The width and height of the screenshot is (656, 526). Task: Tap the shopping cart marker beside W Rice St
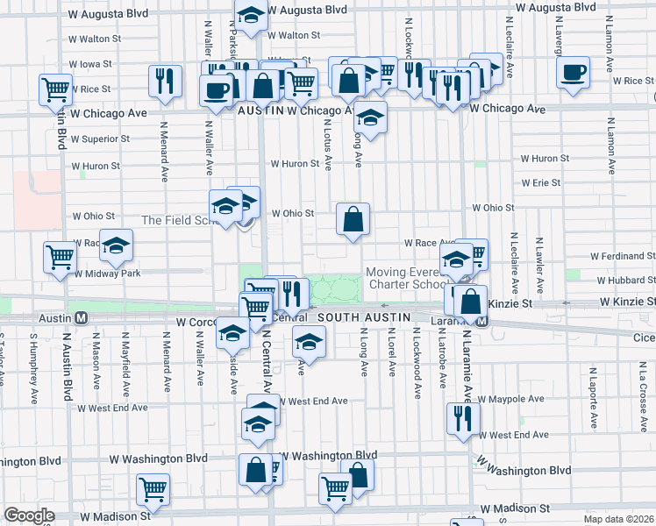(x=54, y=88)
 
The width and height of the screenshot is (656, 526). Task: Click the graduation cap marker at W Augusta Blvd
(x=251, y=15)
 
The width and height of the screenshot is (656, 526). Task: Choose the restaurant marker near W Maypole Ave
(x=462, y=417)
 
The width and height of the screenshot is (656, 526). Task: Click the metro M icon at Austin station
(x=80, y=317)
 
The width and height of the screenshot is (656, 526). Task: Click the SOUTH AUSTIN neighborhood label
(x=359, y=316)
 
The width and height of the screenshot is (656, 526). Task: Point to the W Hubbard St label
(x=625, y=281)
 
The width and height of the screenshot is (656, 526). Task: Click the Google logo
(x=29, y=515)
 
